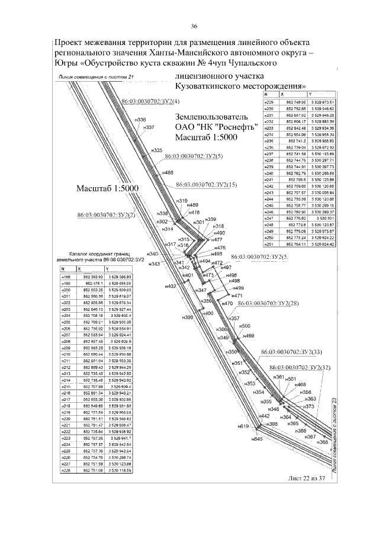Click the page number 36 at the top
point(194,26)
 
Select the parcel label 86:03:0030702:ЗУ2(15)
point(207,185)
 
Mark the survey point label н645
point(256,439)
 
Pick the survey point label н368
point(322,442)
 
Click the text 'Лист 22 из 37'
point(307,478)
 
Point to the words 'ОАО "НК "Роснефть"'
point(205,126)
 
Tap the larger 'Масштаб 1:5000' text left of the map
point(107,188)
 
